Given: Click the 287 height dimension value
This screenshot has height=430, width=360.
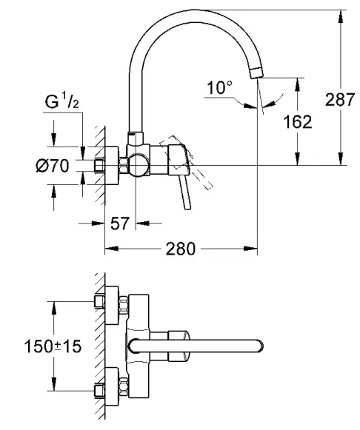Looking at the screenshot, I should click(341, 100).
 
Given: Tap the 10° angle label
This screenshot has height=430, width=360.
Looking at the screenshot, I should click(219, 89).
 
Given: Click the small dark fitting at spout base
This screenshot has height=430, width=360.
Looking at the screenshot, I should click(133, 138).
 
